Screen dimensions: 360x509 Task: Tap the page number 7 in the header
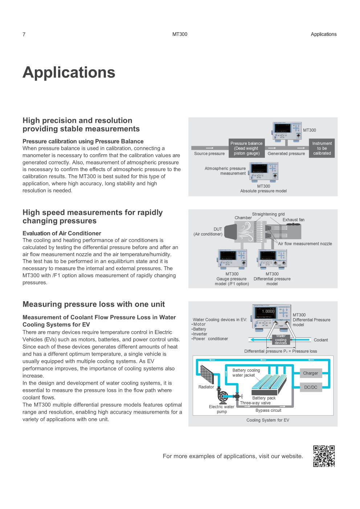point(24,34)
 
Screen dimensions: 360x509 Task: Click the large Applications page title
point(69,72)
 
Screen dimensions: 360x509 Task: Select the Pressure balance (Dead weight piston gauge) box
point(246,148)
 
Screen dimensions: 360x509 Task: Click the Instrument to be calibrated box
point(322,148)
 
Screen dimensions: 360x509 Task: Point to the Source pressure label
point(209,153)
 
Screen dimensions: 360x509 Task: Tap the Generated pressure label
point(286,153)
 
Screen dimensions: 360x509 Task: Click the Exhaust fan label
point(294,220)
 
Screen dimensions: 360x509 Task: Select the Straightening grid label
point(268,214)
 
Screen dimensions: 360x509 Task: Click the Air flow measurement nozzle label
point(305,243)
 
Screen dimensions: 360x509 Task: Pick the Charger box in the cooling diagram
point(311,373)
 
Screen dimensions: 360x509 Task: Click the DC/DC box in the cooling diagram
point(311,387)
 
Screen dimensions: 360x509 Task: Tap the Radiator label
point(206,387)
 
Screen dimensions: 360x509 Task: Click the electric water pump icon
point(222,396)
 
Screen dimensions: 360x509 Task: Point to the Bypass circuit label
point(268,410)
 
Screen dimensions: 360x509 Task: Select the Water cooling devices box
point(281,340)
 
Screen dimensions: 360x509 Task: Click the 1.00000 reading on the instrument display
point(268,311)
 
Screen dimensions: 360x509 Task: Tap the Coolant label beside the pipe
point(321,340)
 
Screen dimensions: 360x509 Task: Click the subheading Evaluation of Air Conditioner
point(62,233)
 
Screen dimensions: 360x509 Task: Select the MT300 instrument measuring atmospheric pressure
point(263,172)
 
